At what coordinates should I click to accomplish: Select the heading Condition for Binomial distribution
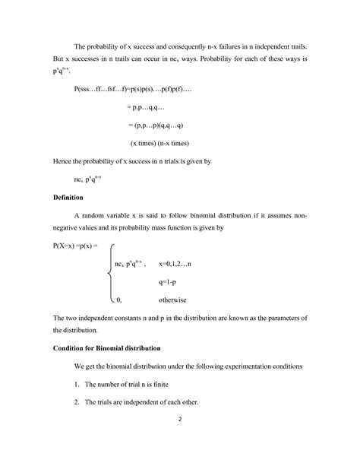(106, 347)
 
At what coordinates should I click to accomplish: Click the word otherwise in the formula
(172, 300)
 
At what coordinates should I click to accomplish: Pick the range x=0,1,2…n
(175, 263)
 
